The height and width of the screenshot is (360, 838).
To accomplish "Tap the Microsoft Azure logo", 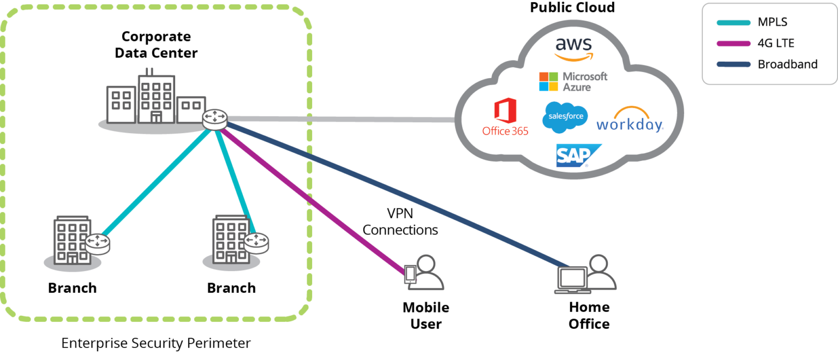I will [573, 81].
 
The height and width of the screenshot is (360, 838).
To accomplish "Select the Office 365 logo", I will [505, 117].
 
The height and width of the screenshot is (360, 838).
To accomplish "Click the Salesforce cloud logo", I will [565, 117].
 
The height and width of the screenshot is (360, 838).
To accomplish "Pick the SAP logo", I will [577, 155].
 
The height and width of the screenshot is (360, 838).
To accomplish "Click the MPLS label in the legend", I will [772, 22].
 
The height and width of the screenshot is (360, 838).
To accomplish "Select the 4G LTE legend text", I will [776, 43].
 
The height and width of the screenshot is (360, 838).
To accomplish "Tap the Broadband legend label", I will [787, 64].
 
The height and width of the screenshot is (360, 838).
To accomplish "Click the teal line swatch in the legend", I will [733, 23].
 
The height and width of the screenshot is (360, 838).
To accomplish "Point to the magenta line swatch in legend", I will [733, 44].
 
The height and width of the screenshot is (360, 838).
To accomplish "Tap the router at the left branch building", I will [97, 243].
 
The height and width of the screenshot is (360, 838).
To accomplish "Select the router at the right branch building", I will [256, 243].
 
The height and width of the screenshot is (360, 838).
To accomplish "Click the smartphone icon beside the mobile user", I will [410, 274].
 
